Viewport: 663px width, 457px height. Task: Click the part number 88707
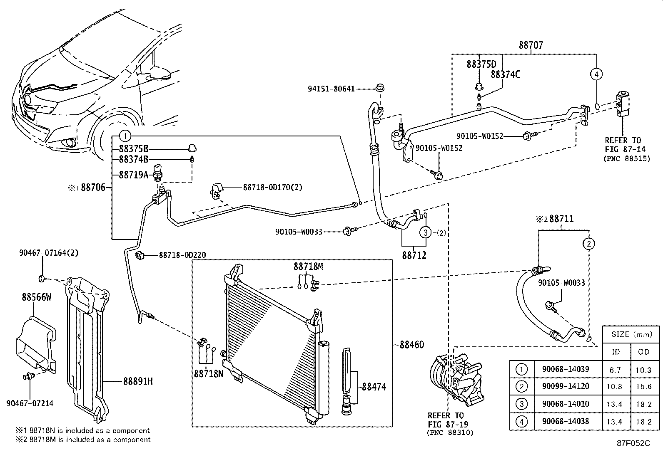pyautogui.click(x=531, y=45)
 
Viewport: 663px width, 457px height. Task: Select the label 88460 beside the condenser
pyautogui.click(x=412, y=345)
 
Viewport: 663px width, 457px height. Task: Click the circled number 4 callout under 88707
pyautogui.click(x=596, y=74)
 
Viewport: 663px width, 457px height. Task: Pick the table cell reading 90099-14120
pyautogui.click(x=566, y=386)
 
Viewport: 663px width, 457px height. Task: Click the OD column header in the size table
pyautogui.click(x=644, y=351)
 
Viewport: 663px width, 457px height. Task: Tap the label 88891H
pyautogui.click(x=137, y=381)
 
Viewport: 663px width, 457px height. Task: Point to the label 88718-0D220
pyautogui.click(x=182, y=255)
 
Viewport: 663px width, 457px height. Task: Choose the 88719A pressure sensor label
pyautogui.click(x=133, y=175)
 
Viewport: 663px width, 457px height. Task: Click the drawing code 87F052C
pyautogui.click(x=633, y=443)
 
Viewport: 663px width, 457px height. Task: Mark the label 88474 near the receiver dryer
pyautogui.click(x=374, y=387)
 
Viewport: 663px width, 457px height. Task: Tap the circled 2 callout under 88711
pyautogui.click(x=588, y=244)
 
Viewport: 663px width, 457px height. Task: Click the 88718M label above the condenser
pyautogui.click(x=308, y=267)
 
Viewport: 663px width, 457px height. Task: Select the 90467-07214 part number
pyautogui.click(x=30, y=403)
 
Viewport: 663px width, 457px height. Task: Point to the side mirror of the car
pyautogui.click(x=160, y=74)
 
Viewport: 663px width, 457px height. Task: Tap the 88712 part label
pyautogui.click(x=414, y=255)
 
